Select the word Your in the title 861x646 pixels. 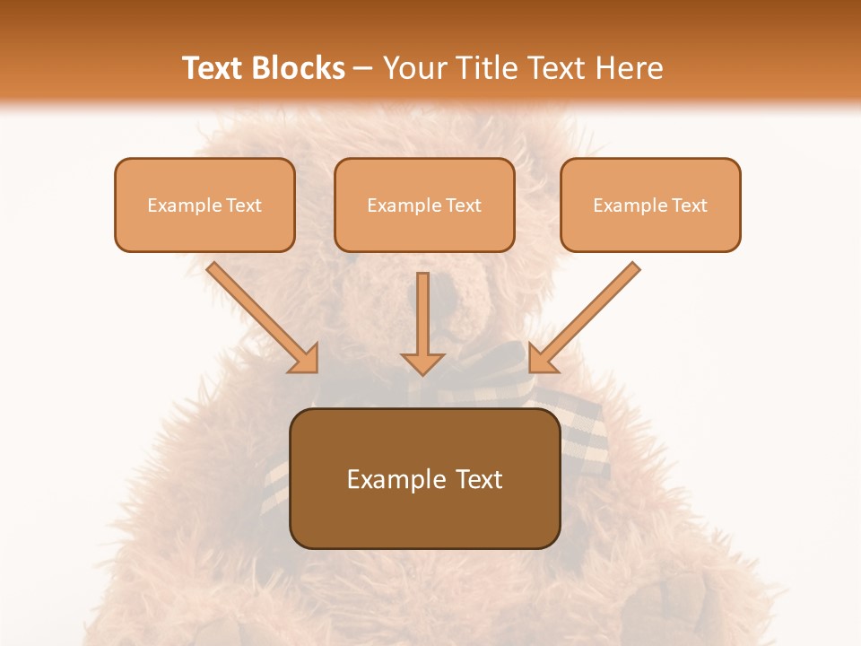tap(412, 68)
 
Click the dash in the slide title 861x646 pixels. tap(363, 68)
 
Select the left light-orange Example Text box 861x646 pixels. tap(204, 205)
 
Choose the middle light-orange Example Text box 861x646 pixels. tap(424, 205)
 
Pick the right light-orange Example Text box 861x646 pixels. tap(650, 205)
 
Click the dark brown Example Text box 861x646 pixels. tap(424, 478)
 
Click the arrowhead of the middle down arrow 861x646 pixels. tap(422, 361)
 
